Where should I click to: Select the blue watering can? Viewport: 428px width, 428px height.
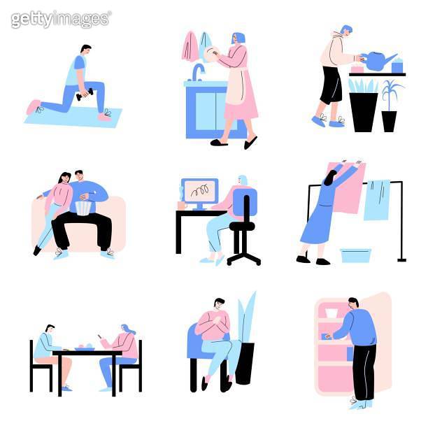click(x=378, y=62)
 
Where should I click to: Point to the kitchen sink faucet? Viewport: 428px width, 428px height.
click(x=199, y=71)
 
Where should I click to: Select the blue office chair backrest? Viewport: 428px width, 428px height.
click(x=245, y=204)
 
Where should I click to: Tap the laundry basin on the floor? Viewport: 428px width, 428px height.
click(x=356, y=255)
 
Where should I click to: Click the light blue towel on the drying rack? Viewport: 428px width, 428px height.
click(x=377, y=199)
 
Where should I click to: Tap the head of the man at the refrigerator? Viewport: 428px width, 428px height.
click(x=353, y=304)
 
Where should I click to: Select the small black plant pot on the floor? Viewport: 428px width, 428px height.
click(x=389, y=120)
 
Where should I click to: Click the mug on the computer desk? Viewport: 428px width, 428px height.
click(x=182, y=206)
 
